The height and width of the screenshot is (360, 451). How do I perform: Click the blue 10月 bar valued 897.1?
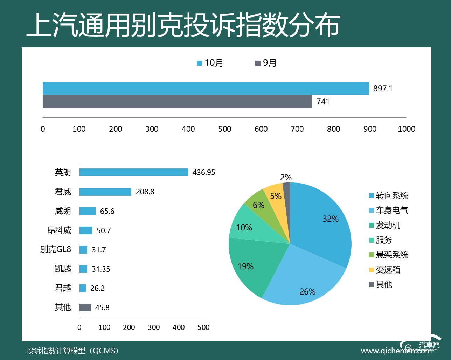pos(206,88)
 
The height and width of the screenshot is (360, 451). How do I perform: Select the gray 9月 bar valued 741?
pos(177,102)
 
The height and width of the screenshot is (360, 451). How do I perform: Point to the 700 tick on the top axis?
pos(297,129)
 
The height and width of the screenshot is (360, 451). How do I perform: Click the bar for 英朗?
pos(133,172)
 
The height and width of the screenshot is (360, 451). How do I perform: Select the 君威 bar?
pos(105,192)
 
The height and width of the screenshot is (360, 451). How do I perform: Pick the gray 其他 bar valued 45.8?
pos(85,307)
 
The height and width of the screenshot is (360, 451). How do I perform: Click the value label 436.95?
pos(204,172)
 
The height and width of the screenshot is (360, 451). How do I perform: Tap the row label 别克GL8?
pos(56,249)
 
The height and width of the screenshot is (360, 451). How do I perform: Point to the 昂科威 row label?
pos(60,230)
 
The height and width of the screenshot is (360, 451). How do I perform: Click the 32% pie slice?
pos(322,224)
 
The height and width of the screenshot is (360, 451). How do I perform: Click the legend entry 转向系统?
pos(389,195)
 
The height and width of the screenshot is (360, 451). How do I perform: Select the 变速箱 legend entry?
pos(384,270)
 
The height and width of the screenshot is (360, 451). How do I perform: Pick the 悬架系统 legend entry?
pos(389,255)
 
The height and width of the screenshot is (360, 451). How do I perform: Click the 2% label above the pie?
pos(286,178)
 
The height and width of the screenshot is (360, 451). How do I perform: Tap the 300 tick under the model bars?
pos(154,327)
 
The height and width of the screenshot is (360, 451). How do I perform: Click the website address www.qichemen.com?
pos(396,351)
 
